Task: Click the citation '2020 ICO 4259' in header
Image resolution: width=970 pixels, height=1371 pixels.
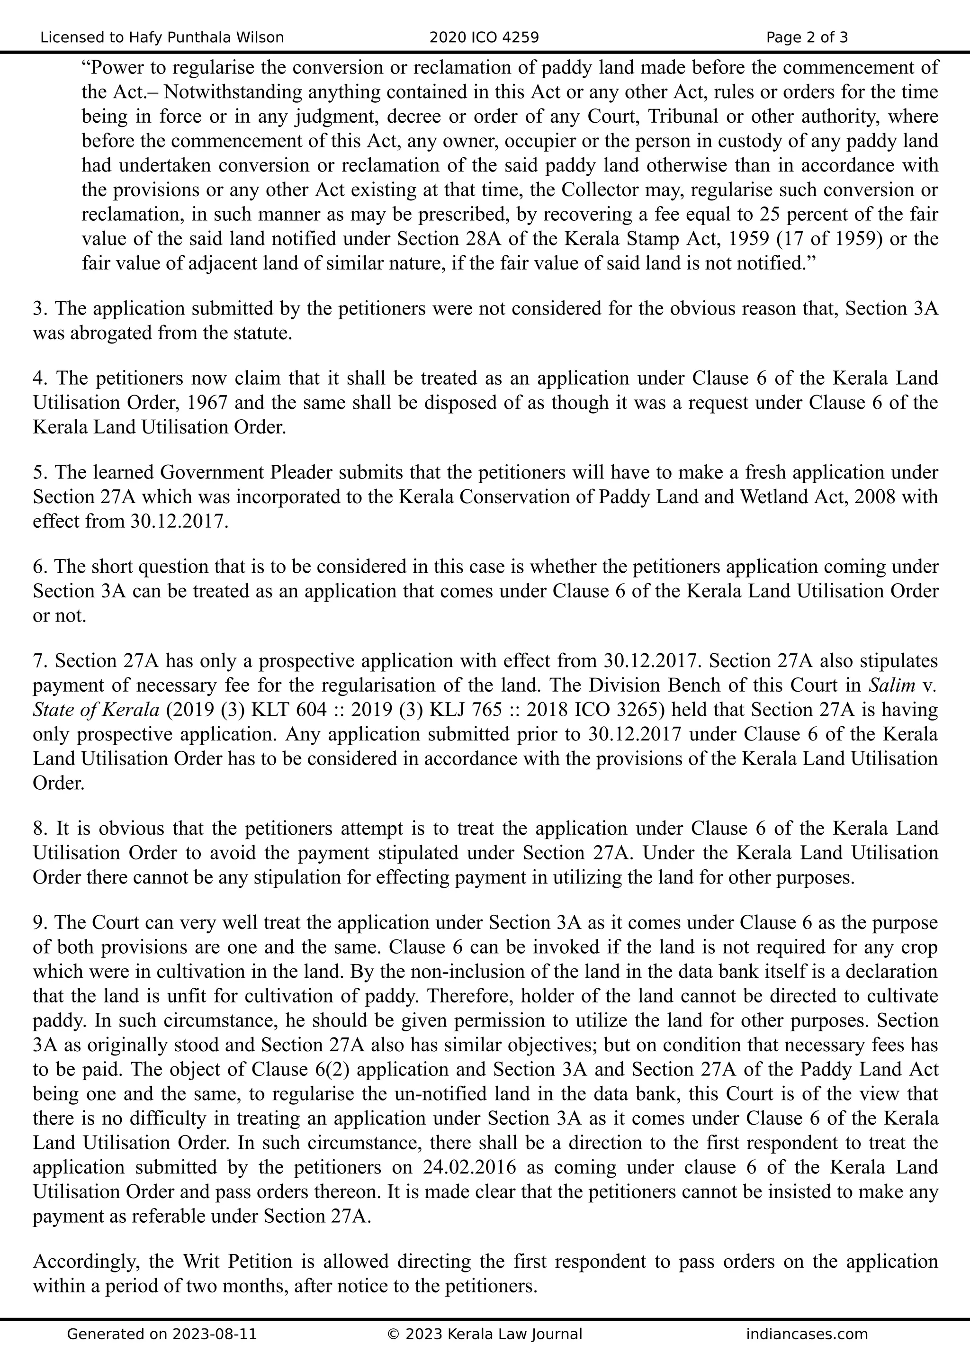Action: click(484, 37)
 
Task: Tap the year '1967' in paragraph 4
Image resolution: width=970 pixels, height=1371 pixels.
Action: click(207, 403)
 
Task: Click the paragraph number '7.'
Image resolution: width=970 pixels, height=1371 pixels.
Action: click(40, 661)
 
